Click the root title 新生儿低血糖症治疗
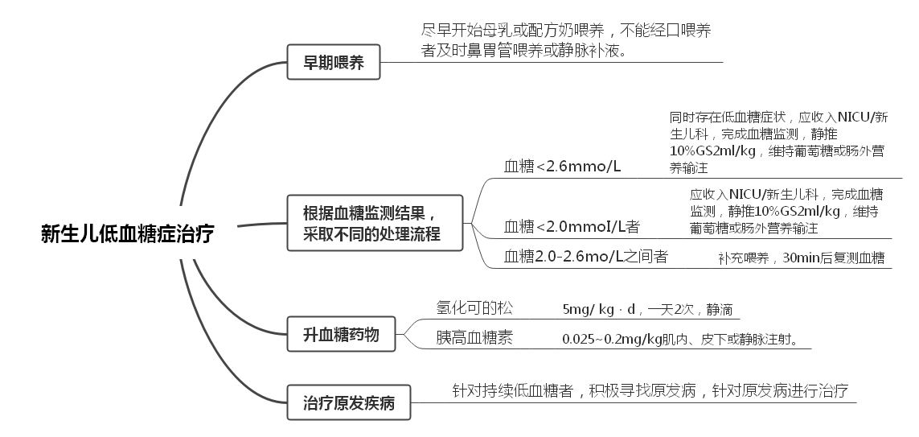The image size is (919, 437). click(128, 235)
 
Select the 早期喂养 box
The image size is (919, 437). click(334, 62)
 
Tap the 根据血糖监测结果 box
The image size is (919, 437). click(375, 224)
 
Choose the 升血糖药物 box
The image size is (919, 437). click(341, 334)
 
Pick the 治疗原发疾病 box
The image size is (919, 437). click(349, 402)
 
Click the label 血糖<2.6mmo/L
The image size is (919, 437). click(563, 167)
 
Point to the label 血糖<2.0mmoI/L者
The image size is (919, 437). click(572, 226)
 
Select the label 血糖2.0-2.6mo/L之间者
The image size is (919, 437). click(586, 257)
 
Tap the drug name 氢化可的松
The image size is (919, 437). click(474, 307)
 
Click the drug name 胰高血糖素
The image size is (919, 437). click(474, 338)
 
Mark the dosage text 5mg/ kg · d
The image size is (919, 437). click(599, 309)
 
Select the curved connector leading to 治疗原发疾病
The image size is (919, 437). click(217, 346)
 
